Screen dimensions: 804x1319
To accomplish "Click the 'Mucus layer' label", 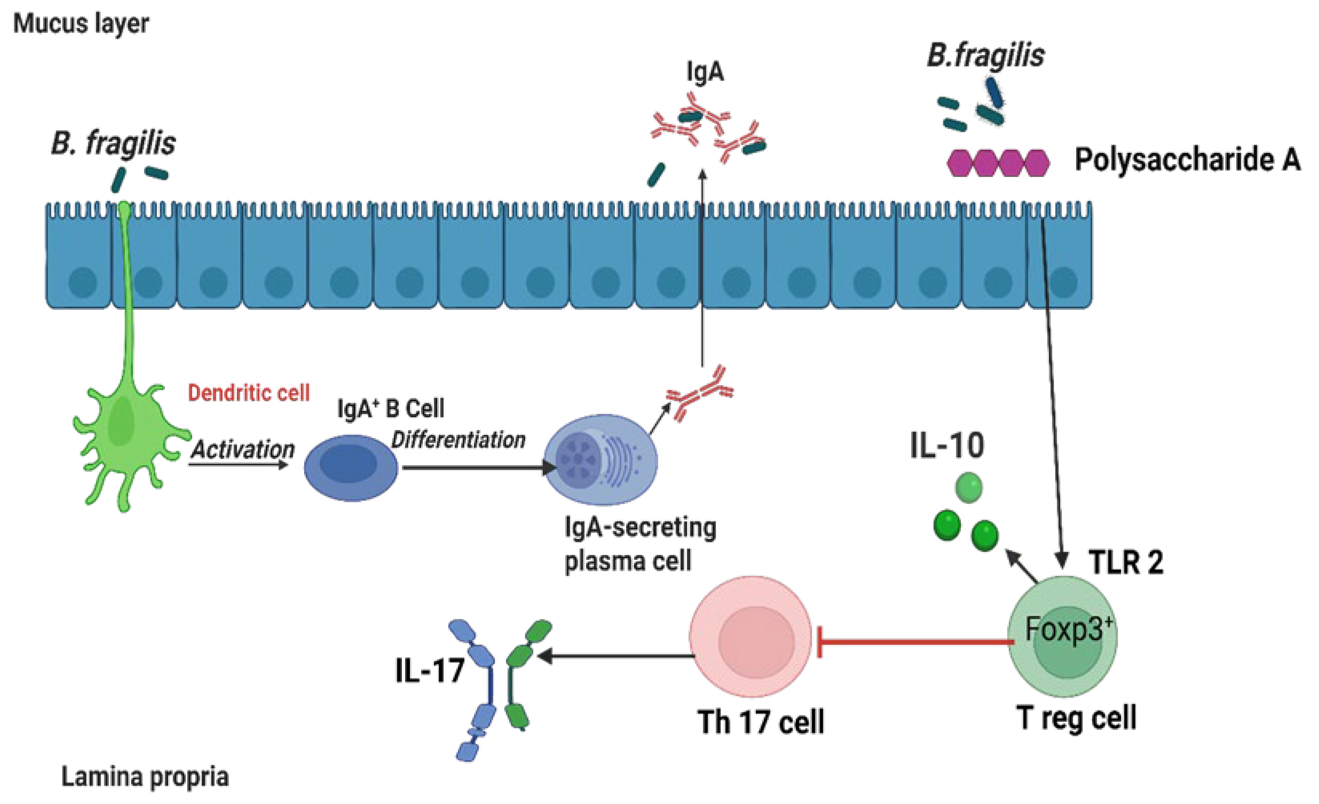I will (x=81, y=24).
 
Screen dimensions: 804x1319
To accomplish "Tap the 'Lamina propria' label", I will (x=145, y=776).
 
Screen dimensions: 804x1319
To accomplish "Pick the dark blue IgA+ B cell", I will (x=351, y=468).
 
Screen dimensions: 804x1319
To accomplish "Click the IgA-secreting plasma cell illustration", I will (x=600, y=459).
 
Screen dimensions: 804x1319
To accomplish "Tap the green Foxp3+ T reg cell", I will (x=1062, y=637).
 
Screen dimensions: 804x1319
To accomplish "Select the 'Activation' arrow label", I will (x=243, y=449).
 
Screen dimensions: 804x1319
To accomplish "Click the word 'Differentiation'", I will (x=458, y=440).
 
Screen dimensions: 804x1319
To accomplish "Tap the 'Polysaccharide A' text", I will (x=1187, y=159).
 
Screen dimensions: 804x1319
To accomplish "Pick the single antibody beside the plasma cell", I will (x=700, y=394).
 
